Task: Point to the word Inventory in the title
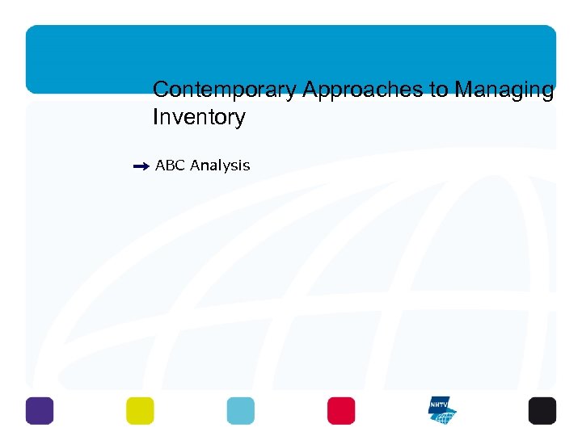[199, 118]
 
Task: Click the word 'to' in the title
[440, 90]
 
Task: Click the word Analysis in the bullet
[221, 166]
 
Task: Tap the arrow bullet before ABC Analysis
[141, 166]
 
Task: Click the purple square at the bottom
[40, 410]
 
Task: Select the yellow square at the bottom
[140, 410]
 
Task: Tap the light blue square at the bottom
[240, 410]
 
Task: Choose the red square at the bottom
[341, 410]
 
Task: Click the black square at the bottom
[542, 410]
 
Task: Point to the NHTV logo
[442, 410]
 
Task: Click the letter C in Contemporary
[160, 90]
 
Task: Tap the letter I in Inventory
[155, 118]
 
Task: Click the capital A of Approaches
[310, 90]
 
